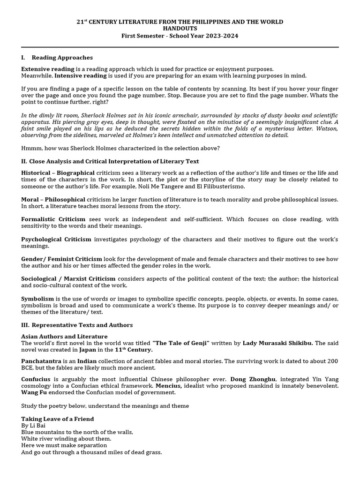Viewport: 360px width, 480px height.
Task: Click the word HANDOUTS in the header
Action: click(x=180, y=29)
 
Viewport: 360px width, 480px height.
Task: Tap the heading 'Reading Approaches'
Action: click(x=62, y=58)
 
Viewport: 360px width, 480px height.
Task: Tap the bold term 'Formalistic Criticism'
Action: click(x=53, y=219)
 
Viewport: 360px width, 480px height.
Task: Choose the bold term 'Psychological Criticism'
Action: click(x=56, y=239)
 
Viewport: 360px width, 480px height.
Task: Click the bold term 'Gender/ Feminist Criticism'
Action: click(x=61, y=259)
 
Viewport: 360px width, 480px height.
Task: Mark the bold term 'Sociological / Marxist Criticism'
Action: click(x=68, y=278)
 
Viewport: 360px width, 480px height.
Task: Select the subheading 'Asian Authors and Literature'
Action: click(x=64, y=337)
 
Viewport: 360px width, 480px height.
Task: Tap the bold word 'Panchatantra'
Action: click(x=41, y=361)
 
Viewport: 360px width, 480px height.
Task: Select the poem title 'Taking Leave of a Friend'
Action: click(x=58, y=419)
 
